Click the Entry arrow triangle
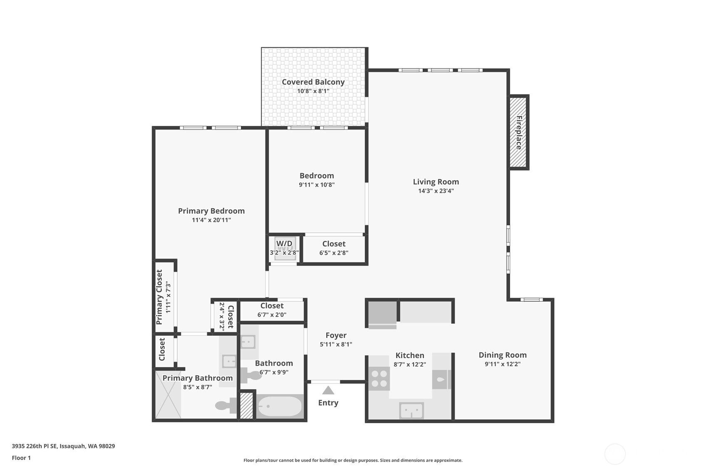[328, 390]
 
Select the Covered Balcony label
[313, 82]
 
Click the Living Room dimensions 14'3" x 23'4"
[436, 191]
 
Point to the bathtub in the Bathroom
[280, 406]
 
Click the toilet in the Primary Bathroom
[226, 405]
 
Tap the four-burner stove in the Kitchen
[379, 379]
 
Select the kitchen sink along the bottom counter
[411, 411]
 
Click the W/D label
[284, 244]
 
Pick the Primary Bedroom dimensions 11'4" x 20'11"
[211, 220]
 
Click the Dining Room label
[503, 355]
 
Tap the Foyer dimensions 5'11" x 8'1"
[336, 345]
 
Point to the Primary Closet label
[159, 297]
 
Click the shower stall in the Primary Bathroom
[168, 395]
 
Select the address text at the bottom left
[63, 446]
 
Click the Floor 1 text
[21, 458]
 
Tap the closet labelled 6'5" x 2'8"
[334, 249]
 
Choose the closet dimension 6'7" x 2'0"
[272, 315]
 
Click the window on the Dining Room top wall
[531, 300]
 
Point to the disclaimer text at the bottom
[353, 460]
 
